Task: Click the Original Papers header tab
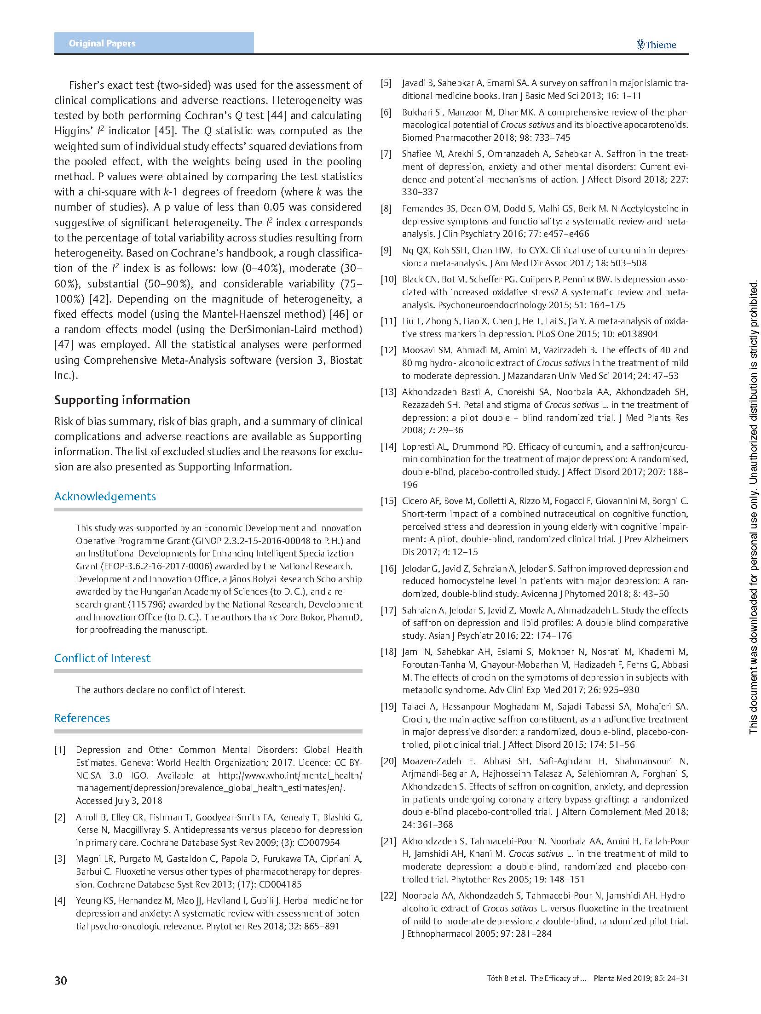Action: click(102, 44)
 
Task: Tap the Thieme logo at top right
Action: click(656, 45)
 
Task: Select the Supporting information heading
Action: click(122, 400)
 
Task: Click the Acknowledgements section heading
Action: click(105, 496)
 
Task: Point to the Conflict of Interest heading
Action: click(102, 658)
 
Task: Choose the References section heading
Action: click(82, 718)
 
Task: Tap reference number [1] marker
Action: click(60, 750)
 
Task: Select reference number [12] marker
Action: click(388, 350)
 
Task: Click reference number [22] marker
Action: click(388, 895)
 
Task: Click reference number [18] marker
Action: click(388, 652)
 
